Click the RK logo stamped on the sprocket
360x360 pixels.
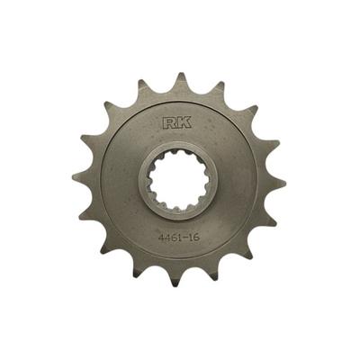point(176,123)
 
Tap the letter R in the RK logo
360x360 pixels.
point(169,123)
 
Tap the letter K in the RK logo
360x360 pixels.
point(184,123)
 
